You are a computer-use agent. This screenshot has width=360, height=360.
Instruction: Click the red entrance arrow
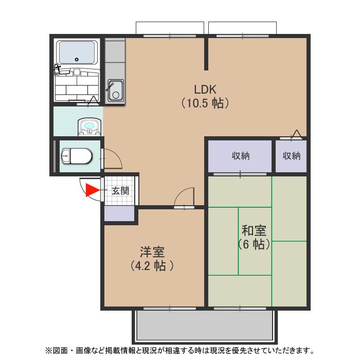point(92,191)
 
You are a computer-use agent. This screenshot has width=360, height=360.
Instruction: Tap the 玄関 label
point(121,191)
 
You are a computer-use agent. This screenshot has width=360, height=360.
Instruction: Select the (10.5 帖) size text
point(205,103)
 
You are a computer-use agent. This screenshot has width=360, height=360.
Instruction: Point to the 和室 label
point(254,230)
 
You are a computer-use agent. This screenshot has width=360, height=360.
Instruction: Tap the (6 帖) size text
point(254,244)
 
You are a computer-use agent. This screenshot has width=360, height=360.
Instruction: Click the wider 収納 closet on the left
point(240,156)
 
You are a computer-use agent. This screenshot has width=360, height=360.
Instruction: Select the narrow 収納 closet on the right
point(291,156)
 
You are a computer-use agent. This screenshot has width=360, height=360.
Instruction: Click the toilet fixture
point(76,155)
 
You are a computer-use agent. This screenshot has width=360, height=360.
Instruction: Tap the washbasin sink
point(88,126)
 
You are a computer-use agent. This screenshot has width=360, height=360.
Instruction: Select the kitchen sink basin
point(115,90)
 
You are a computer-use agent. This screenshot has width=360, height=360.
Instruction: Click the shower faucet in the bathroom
point(58,67)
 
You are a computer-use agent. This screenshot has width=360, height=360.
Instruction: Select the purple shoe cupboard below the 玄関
point(121,214)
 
